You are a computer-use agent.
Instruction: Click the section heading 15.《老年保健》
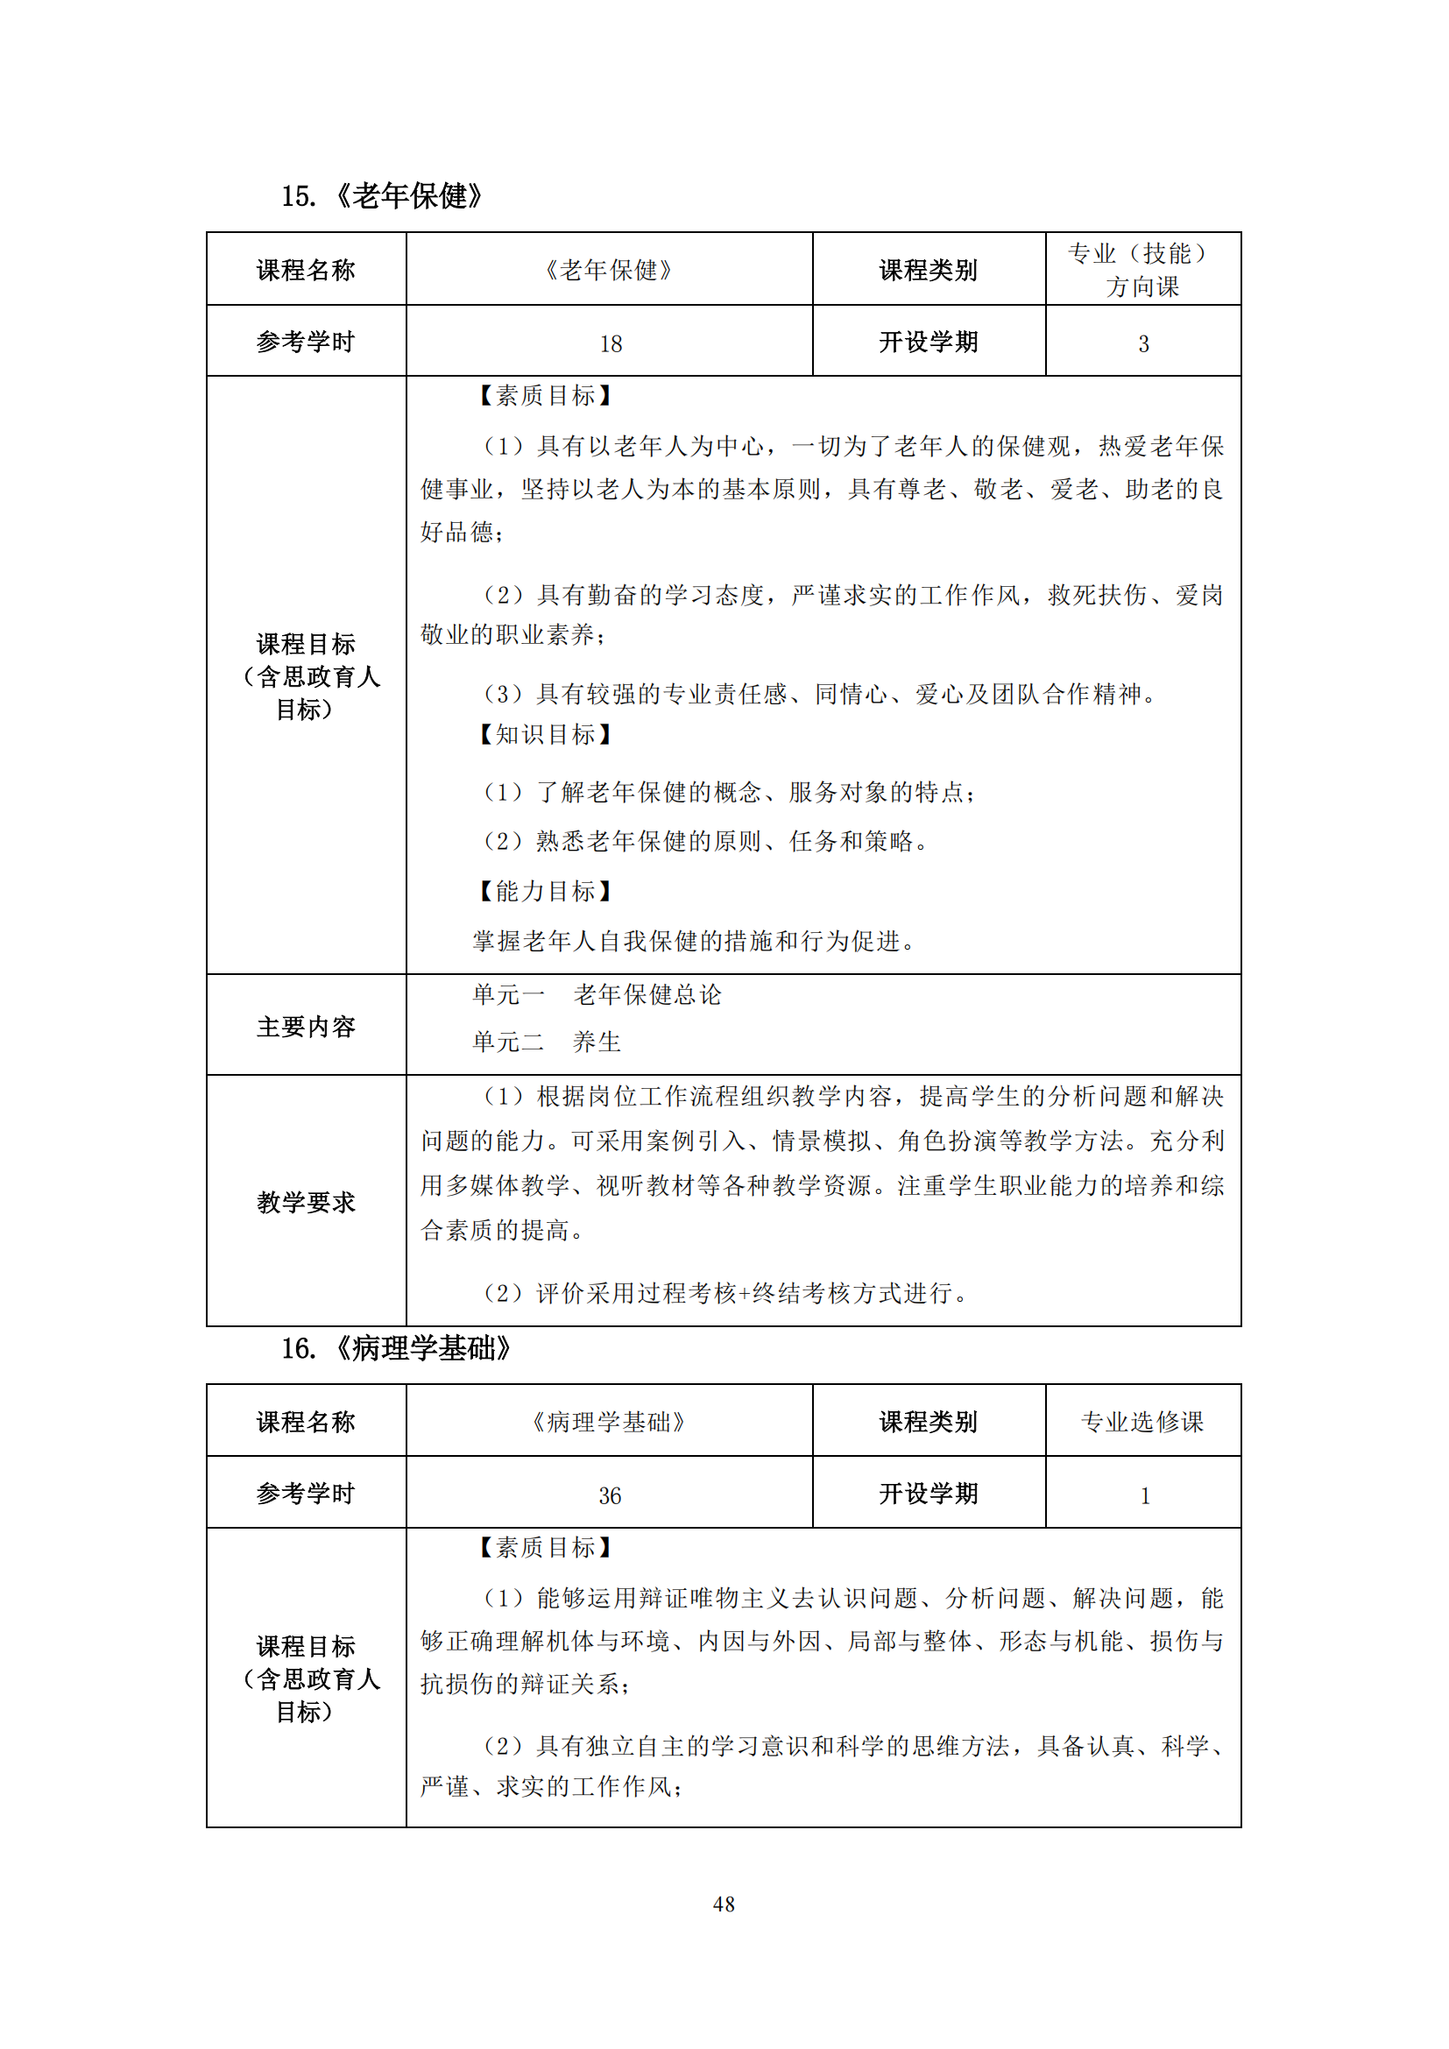[382, 195]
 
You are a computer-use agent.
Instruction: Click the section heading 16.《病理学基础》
[395, 1348]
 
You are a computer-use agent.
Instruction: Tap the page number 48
[724, 1904]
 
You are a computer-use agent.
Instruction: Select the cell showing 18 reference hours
[611, 343]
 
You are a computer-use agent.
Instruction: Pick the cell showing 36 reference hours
[611, 1495]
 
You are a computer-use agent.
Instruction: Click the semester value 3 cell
[1143, 343]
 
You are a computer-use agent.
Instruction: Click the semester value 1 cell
[1144, 1495]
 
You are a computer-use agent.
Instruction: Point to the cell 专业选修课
[1142, 1422]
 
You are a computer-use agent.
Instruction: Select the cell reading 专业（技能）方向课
[1142, 270]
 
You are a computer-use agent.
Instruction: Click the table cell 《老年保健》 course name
[610, 270]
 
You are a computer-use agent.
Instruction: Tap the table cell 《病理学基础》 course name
[610, 1422]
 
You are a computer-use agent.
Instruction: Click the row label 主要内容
[306, 1027]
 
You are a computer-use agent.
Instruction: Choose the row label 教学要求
[306, 1202]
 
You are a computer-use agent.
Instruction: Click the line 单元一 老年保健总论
[596, 995]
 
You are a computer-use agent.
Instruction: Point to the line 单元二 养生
[546, 1042]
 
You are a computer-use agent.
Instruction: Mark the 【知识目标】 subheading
[544, 734]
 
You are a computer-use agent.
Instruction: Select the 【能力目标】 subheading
[544, 891]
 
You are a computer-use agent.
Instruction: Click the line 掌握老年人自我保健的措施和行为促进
[694, 941]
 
